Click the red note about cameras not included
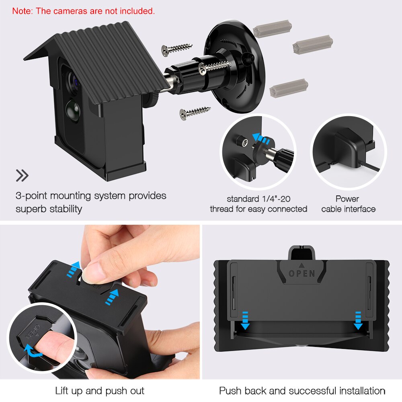tap(83, 11)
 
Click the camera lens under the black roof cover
tap(74, 81)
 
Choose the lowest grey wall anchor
tap(289, 88)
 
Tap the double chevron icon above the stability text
tap(22, 175)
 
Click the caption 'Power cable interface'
tap(348, 204)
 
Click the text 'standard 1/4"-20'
tap(258, 199)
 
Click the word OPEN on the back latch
tap(302, 273)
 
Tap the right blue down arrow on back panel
tap(358, 320)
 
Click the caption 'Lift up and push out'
tap(99, 390)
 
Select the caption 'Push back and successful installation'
tap(302, 390)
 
